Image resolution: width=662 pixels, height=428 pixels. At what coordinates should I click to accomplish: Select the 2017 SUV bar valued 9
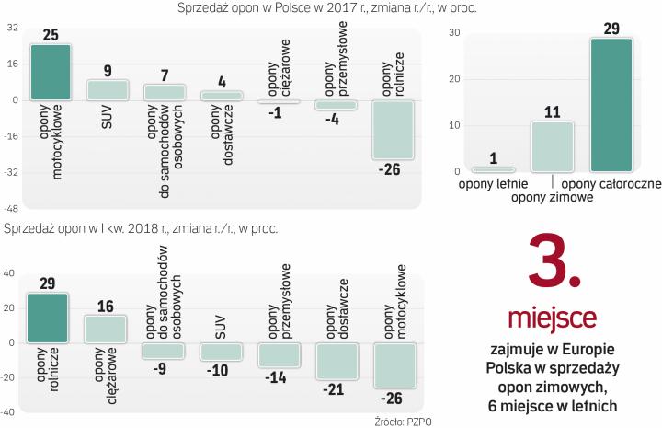(x=108, y=89)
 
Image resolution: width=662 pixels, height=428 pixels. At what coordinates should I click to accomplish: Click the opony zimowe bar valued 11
(x=552, y=146)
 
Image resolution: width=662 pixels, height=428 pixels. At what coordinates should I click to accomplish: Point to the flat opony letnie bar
(x=493, y=169)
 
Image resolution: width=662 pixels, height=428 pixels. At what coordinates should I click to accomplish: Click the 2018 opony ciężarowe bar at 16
(x=105, y=329)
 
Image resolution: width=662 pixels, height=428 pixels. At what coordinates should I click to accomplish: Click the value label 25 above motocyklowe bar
(x=51, y=35)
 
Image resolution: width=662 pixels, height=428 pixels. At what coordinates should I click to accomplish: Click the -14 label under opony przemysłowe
(x=277, y=377)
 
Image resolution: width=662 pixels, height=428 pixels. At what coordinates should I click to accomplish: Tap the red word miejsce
(x=552, y=318)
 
